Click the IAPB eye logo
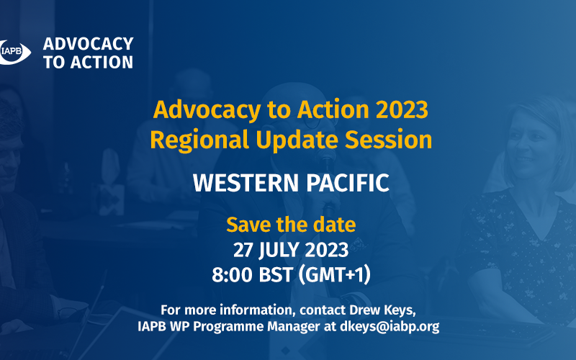click(x=14, y=52)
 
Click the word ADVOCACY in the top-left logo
click(x=88, y=44)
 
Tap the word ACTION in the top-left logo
click(x=102, y=62)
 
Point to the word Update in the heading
click(x=297, y=140)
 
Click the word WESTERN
click(x=246, y=183)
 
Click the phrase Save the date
click(x=291, y=225)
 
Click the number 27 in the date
click(x=243, y=250)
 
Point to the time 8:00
click(x=232, y=275)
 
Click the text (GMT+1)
click(x=334, y=275)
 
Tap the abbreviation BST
click(x=276, y=275)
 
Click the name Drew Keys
click(x=382, y=310)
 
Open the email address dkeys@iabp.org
click(x=390, y=327)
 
